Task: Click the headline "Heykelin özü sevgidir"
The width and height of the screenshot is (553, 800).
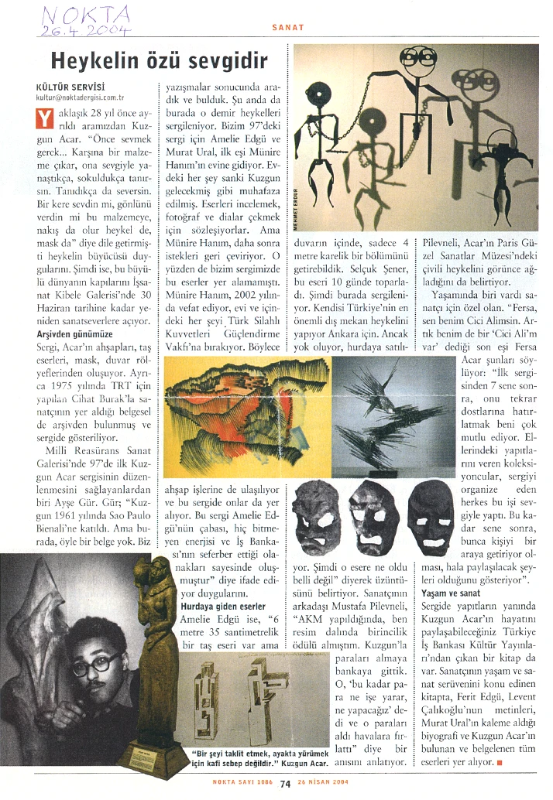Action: click(159, 60)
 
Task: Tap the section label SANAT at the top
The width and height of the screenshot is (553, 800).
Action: click(287, 27)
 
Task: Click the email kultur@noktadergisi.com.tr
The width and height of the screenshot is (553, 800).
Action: click(80, 98)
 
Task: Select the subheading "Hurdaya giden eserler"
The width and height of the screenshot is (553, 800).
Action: click(225, 605)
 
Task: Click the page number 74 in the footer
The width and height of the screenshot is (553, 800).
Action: click(285, 782)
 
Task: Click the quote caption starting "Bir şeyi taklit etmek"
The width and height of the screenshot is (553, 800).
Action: click(263, 757)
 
